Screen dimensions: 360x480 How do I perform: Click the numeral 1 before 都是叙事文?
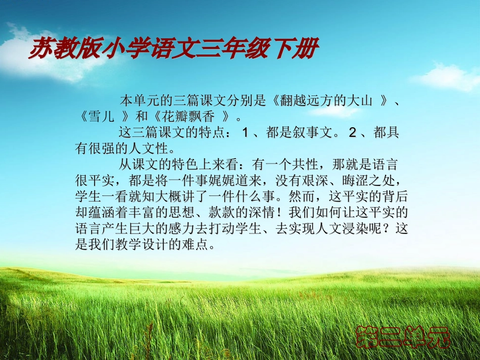tap(245, 133)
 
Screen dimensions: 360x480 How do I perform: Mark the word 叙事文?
tap(313, 133)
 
